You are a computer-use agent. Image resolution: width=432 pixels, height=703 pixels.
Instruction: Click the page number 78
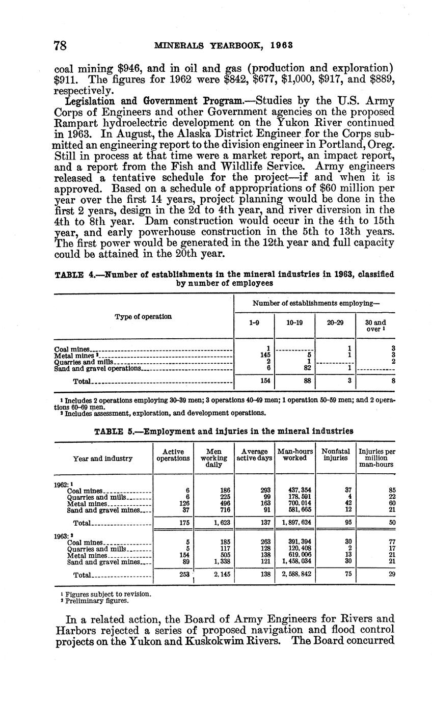[60, 45]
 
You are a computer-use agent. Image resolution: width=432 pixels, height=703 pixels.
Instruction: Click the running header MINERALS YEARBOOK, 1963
[223, 45]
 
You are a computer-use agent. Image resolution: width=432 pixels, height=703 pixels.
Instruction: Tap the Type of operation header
[143, 316]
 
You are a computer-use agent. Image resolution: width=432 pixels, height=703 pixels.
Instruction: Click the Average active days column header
[254, 454]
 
